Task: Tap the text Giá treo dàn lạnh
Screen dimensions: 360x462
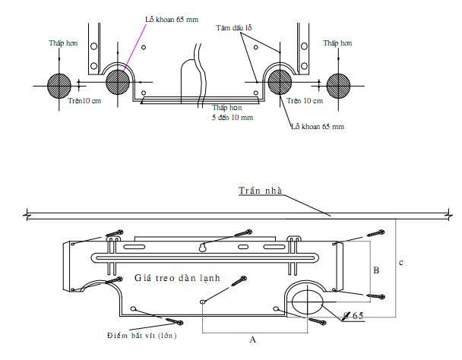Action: click(177, 278)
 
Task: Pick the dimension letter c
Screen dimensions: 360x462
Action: click(400, 263)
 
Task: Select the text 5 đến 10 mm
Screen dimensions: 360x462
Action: click(233, 118)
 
